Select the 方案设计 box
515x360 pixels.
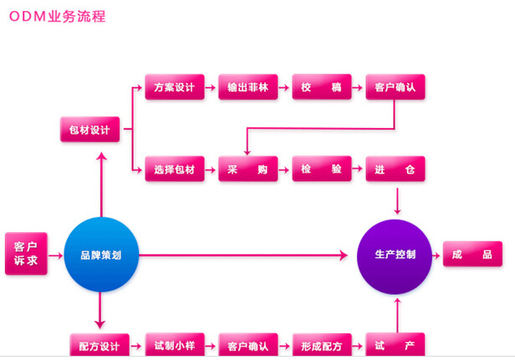click(x=174, y=88)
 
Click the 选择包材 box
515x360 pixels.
click(x=174, y=170)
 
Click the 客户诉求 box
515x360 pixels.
click(x=26, y=253)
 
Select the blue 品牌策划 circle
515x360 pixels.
click(x=100, y=254)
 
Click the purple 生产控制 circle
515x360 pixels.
click(x=395, y=254)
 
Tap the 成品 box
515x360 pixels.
click(x=472, y=254)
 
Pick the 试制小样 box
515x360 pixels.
click(x=174, y=345)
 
